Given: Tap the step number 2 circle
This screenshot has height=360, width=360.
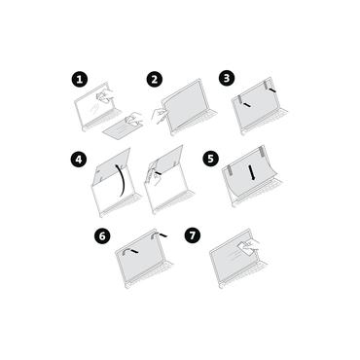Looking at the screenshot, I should point(154,79).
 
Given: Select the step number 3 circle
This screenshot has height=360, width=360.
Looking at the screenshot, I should point(227,77).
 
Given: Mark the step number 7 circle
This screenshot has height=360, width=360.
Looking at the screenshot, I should point(193,235).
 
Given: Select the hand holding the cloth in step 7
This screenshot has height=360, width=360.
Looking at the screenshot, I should point(251,254).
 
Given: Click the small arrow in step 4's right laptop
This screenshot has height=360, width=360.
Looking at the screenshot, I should point(154,176).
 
